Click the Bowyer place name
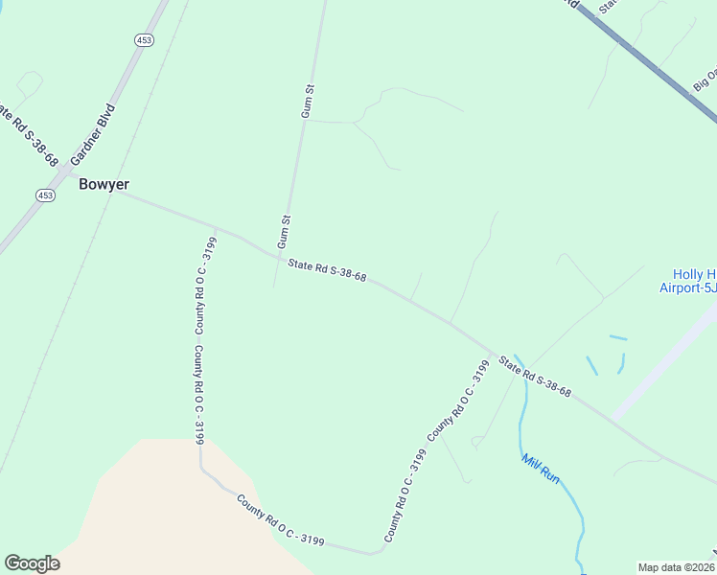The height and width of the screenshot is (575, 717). pos(104,184)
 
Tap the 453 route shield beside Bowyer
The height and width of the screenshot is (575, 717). pos(45,195)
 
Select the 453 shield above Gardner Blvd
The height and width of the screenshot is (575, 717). pos(143,39)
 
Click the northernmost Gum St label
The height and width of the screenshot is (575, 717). pos(308,101)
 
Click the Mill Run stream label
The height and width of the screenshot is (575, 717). pos(540,468)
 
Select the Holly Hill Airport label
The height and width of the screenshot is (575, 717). pos(687,280)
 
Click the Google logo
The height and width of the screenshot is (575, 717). pos(32,563)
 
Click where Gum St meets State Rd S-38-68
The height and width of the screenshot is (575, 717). pos(279,257)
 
